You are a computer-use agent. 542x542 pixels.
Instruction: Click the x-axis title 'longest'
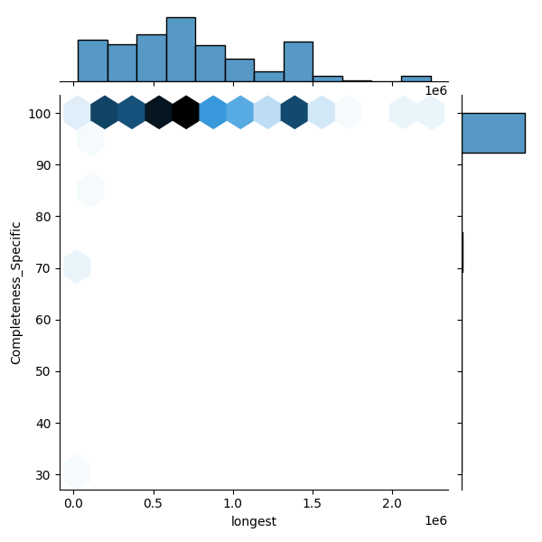pyautogui.click(x=254, y=521)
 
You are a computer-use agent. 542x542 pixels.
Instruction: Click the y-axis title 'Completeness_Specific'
pyautogui.click(x=15, y=293)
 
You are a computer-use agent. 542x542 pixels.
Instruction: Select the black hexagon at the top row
pyautogui.click(x=186, y=112)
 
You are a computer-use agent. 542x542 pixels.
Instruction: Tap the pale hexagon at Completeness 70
pyautogui.click(x=77, y=266)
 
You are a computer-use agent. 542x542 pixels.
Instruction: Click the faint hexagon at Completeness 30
pyautogui.click(x=77, y=472)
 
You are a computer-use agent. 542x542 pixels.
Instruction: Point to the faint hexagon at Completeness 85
pyautogui.click(x=91, y=190)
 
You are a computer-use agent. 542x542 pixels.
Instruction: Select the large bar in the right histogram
pyautogui.click(x=493, y=133)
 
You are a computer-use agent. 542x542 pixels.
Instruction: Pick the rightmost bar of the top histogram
pyautogui.click(x=416, y=79)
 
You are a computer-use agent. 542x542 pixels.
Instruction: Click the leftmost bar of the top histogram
pyautogui.click(x=92, y=61)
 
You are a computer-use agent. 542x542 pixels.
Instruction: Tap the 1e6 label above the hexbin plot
pyautogui.click(x=436, y=91)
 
